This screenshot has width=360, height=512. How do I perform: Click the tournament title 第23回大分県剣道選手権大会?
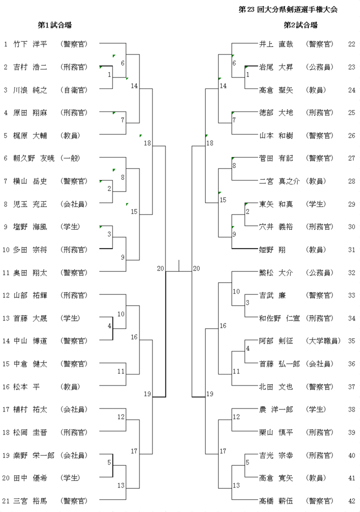click(288, 9)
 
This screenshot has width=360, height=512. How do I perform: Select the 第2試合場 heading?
click(300, 25)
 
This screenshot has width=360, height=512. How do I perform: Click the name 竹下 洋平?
click(30, 44)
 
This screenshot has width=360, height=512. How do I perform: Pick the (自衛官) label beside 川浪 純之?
click(73, 90)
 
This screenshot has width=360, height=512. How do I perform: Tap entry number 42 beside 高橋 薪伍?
click(351, 500)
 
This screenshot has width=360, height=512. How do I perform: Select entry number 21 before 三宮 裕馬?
click(6, 500)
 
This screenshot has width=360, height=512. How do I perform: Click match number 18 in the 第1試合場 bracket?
click(147, 143)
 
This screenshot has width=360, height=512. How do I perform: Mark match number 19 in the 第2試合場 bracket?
click(210, 394)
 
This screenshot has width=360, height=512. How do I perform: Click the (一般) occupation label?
click(70, 158)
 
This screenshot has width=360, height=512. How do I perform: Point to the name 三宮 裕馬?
click(30, 500)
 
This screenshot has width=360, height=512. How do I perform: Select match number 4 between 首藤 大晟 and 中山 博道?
click(109, 326)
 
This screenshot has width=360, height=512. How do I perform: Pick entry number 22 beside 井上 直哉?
click(351, 44)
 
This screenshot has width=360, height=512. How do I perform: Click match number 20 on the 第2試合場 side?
click(196, 268)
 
